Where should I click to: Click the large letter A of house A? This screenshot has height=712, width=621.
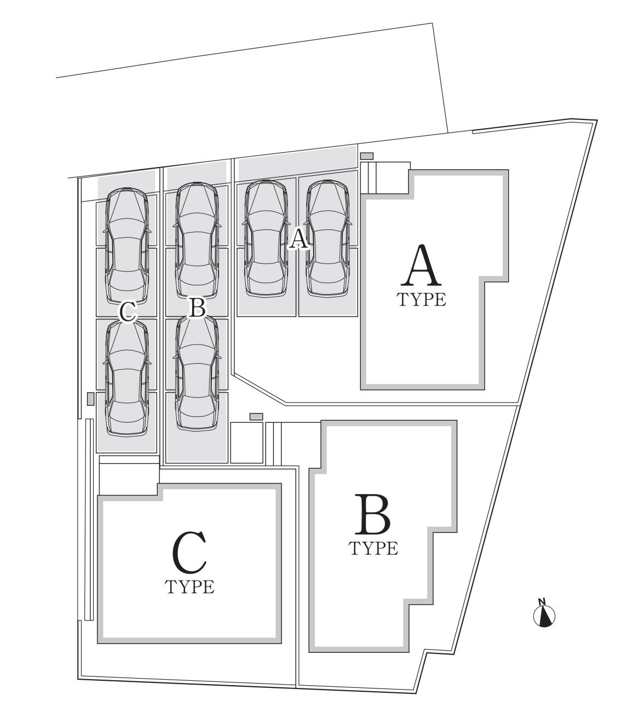click(421, 266)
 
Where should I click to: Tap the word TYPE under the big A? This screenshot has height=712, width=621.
click(421, 300)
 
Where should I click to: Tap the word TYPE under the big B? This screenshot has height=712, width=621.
click(373, 548)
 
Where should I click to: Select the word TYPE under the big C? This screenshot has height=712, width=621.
click(189, 587)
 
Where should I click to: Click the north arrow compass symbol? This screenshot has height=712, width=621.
click(544, 615)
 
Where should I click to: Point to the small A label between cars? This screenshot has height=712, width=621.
click(298, 239)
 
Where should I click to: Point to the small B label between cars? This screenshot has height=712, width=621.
click(196, 308)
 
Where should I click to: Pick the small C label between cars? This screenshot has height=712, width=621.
click(128, 312)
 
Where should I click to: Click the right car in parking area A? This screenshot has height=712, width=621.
click(327, 238)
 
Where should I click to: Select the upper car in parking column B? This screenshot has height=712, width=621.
click(196, 241)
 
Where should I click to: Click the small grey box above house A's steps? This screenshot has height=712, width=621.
click(366, 156)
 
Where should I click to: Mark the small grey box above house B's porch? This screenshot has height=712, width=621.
click(256, 417)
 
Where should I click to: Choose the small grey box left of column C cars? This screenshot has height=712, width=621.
click(90, 399)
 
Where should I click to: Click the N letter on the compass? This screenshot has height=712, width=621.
click(542, 602)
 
